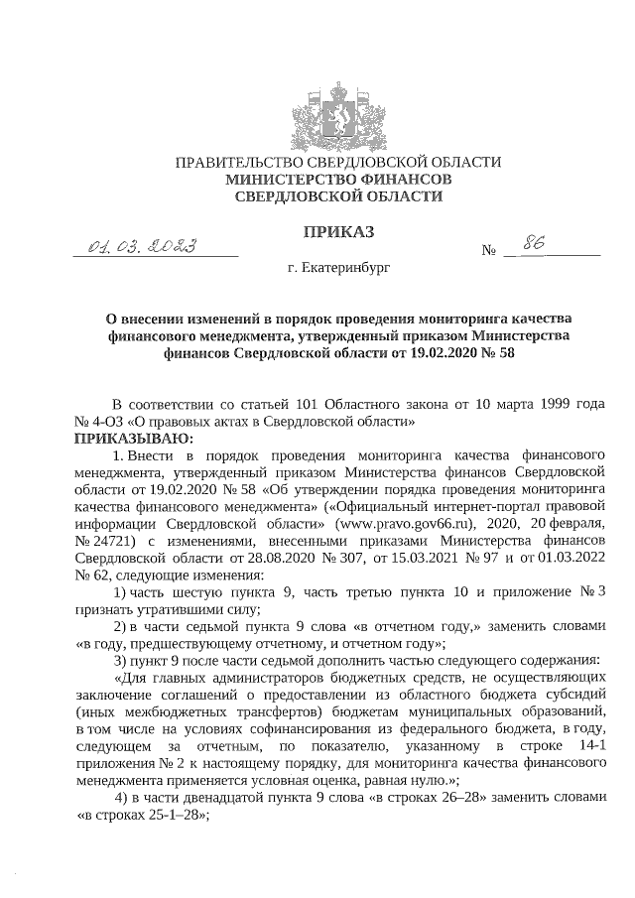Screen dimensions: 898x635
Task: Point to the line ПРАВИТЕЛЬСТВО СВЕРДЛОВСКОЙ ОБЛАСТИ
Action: (x=338, y=162)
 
